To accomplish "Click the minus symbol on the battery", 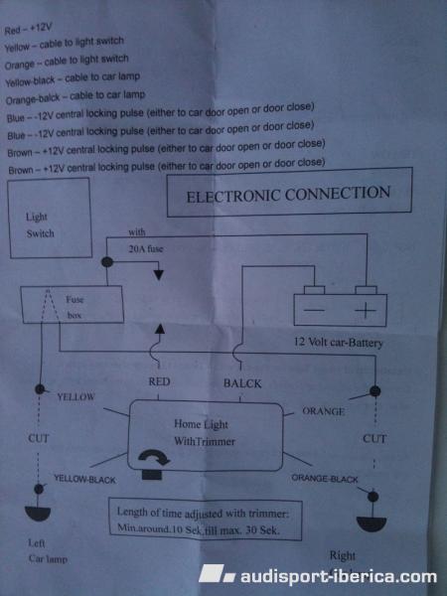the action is [x=314, y=310].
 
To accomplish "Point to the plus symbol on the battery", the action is [x=366, y=310].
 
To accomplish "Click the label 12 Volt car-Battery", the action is [x=339, y=342].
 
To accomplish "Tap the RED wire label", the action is [x=159, y=381].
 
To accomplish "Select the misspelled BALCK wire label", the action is [x=242, y=383].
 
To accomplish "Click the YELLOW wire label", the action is [x=76, y=396].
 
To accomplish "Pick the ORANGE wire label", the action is [x=324, y=411].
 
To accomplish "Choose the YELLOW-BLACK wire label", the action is [x=84, y=480].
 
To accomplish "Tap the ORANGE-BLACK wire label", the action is [x=325, y=479].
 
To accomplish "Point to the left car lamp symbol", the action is [x=38, y=514].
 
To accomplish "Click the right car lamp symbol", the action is [x=372, y=523].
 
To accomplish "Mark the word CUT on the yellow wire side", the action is [x=39, y=438].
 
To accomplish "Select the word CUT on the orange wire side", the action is [x=374, y=439].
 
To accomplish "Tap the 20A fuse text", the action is [x=146, y=249].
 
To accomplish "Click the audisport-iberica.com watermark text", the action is [x=339, y=576].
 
